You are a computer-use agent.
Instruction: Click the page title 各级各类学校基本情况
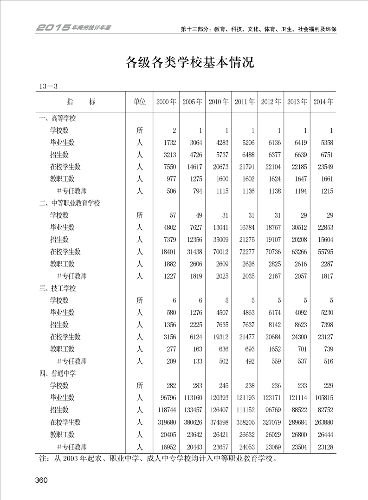point(190,62)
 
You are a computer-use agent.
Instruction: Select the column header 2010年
point(219,102)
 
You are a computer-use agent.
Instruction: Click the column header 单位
point(140,102)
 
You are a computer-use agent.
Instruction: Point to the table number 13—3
point(48,86)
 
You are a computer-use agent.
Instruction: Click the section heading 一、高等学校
point(57,118)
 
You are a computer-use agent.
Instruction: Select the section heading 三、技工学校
point(57,288)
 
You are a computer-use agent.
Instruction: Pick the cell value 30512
point(297,227)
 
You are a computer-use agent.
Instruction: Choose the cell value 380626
point(192,422)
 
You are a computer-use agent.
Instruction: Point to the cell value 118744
point(166,410)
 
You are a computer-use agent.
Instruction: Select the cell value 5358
point(324,143)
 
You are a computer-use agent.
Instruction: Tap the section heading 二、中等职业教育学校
point(70,203)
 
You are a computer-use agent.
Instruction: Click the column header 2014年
point(323,102)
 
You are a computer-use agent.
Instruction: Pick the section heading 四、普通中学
point(57,373)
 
